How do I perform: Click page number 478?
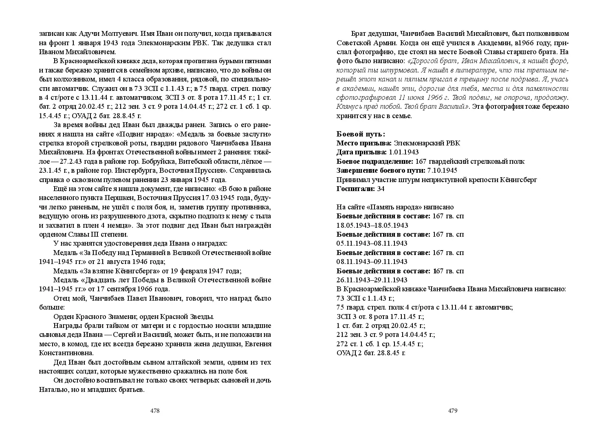pos(155,411)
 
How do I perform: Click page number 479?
pos(453,411)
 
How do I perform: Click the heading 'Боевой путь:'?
pos(361,134)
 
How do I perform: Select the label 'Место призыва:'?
pos(364,143)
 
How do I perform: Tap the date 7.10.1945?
pos(442,170)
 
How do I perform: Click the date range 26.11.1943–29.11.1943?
pos(372,280)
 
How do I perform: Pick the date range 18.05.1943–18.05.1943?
pos(372,225)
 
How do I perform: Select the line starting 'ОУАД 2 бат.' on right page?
pos(371,353)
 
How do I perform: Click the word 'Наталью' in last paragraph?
pos(53,390)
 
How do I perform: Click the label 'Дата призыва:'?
pos(361,152)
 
